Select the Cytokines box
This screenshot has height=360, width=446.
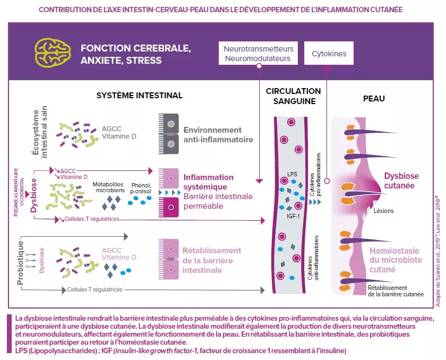coord(329,54)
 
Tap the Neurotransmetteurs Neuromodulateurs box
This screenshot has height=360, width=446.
coord(258,54)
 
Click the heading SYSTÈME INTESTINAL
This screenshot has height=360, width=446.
coord(139,96)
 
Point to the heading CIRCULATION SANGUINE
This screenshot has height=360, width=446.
coord(293,96)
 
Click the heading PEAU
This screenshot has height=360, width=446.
coord(374,99)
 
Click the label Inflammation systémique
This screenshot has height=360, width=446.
coord(208,182)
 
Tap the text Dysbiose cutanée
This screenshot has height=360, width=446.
coord(401,181)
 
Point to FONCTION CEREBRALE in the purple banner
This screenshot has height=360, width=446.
coord(136,48)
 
